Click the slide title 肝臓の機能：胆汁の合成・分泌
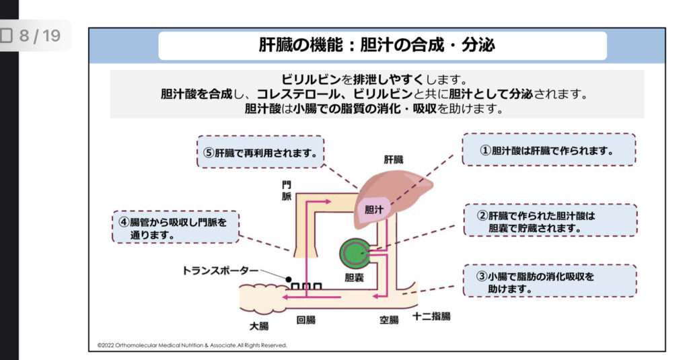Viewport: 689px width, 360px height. click(x=377, y=45)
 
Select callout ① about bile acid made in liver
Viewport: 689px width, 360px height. click(x=548, y=150)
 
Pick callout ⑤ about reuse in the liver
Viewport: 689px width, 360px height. click(x=260, y=152)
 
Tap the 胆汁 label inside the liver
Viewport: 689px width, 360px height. click(x=374, y=209)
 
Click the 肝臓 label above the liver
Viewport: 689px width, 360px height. click(x=394, y=159)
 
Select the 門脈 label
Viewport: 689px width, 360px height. click(x=287, y=190)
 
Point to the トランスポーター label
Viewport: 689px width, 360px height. click(x=220, y=271)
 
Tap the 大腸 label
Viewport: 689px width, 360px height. click(x=258, y=326)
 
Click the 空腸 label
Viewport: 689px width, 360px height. click(x=390, y=320)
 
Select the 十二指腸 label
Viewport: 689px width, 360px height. click(x=431, y=316)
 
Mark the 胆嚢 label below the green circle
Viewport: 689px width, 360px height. click(x=354, y=277)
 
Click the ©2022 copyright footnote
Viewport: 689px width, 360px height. click(x=192, y=345)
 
